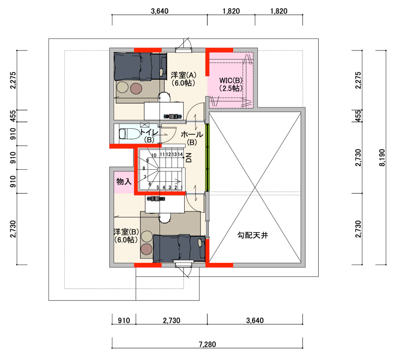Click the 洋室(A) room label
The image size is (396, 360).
point(183,75)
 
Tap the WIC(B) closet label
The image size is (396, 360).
point(231,80)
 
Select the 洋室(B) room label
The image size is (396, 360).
point(126,232)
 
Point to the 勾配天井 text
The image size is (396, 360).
point(252,235)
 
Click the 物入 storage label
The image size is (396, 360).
point(124,181)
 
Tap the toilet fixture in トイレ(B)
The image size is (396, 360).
point(130,134)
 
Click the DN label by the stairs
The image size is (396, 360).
point(189,157)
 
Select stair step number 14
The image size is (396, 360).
point(180,154)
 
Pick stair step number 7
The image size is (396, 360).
point(145,177)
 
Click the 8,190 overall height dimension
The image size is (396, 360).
point(382,157)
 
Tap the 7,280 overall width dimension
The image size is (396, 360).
point(207,344)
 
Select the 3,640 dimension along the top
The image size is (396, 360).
point(159,11)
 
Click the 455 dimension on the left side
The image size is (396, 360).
point(13,116)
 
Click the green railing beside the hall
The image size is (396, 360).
point(207,157)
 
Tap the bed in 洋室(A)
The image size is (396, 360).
point(140,66)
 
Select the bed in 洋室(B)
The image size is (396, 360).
point(179,248)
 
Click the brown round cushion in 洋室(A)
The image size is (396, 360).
point(137,88)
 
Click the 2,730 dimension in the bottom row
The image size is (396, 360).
point(171,320)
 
